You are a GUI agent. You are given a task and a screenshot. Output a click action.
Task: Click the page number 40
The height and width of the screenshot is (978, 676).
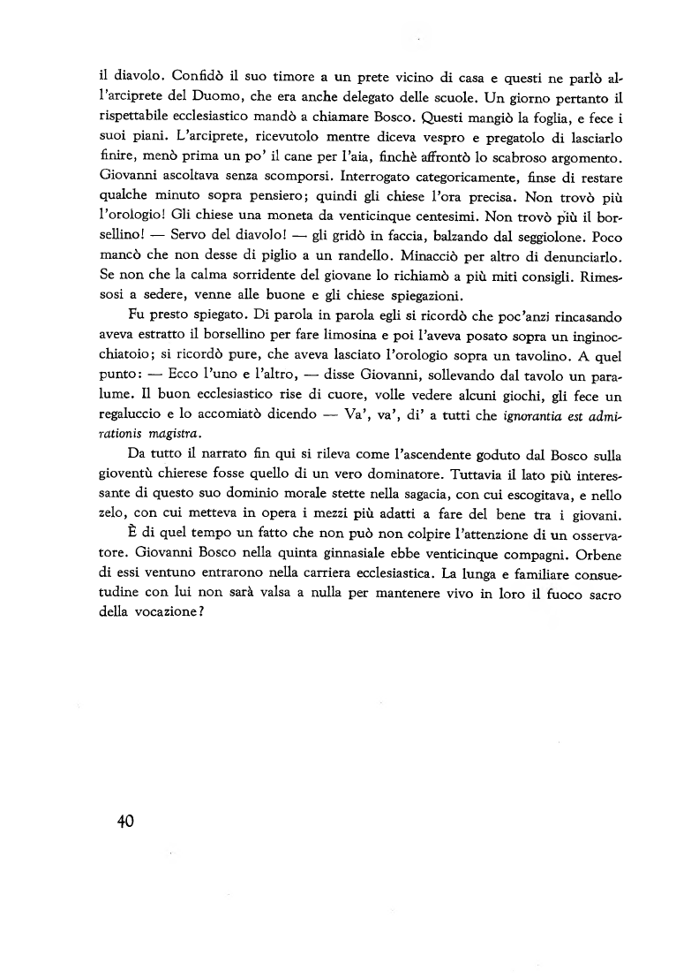(x=124, y=821)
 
